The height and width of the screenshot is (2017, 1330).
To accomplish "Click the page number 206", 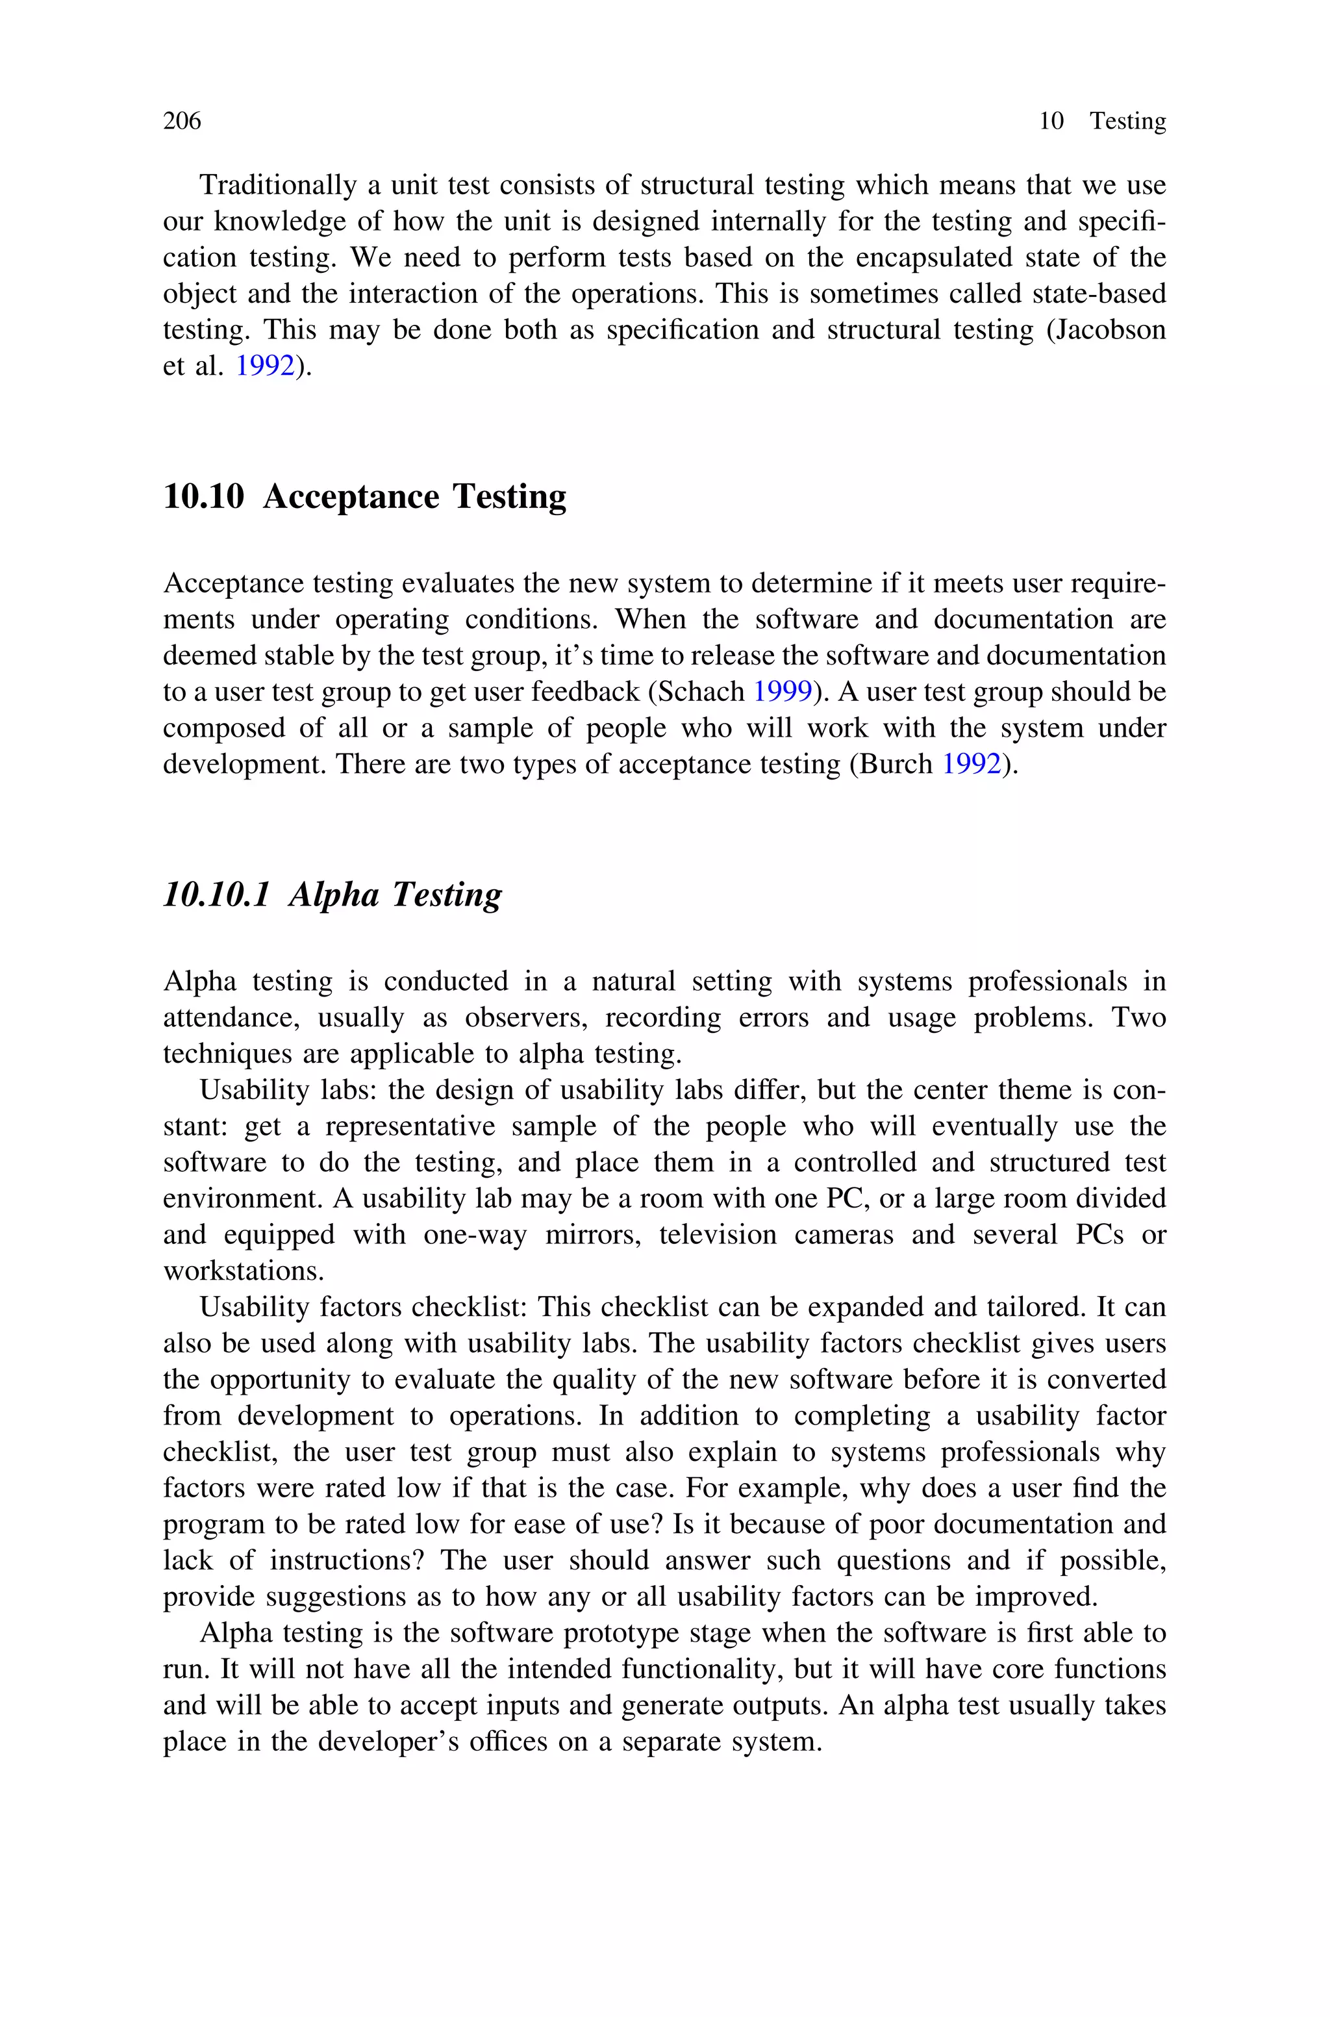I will (x=182, y=121).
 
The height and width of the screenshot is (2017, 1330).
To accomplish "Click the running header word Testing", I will (x=1127, y=121).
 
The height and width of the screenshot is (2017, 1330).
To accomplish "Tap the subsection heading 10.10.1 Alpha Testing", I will (x=332, y=894).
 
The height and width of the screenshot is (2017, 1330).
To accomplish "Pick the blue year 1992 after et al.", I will (x=265, y=366).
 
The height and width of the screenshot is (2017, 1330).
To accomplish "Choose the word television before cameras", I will (x=718, y=1234).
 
